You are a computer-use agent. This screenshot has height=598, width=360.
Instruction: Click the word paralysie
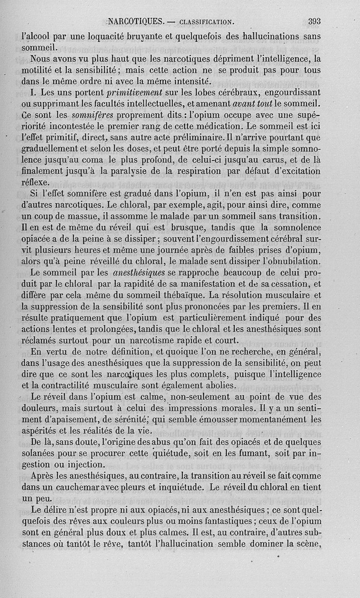(x=142, y=172)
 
